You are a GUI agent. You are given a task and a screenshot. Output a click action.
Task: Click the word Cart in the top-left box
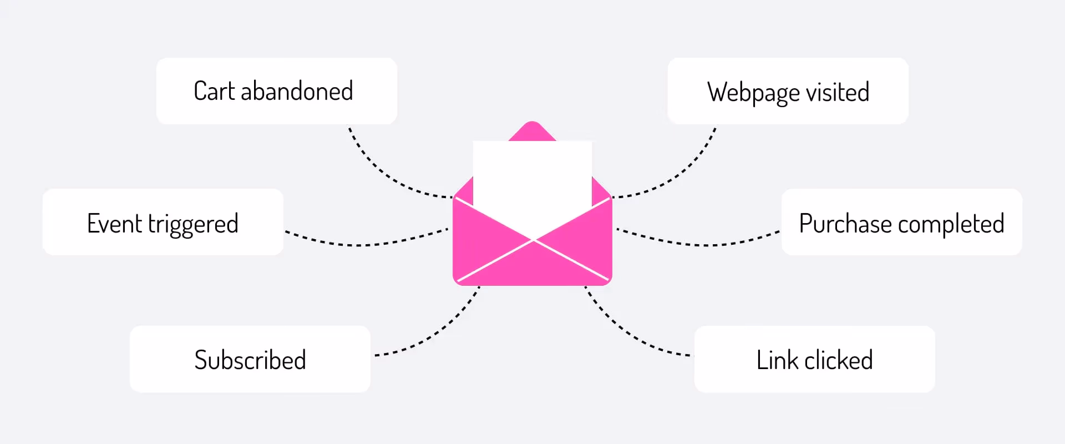tap(214, 91)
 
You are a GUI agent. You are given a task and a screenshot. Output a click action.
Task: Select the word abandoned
tap(297, 91)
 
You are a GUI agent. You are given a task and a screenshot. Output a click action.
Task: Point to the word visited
tap(838, 92)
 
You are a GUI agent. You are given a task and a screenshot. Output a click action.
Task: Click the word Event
tap(114, 224)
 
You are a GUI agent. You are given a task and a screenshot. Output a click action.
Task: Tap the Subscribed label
tap(250, 360)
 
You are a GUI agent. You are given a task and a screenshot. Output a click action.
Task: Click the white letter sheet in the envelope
tap(532, 178)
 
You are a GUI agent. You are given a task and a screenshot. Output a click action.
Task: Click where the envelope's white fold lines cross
tap(533, 240)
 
